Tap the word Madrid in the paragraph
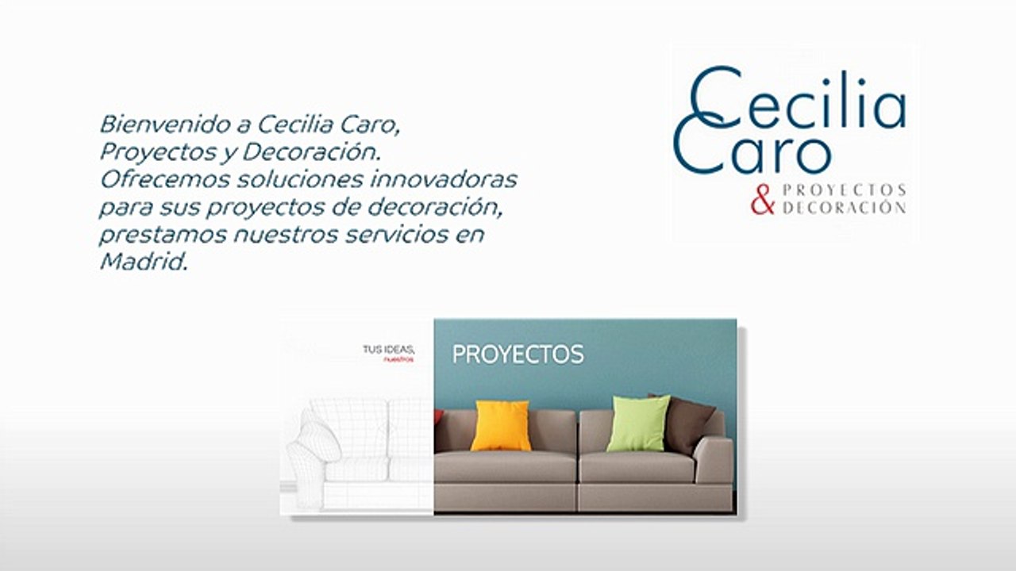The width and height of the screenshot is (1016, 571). [x=142, y=263]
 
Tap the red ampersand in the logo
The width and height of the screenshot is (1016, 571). [x=762, y=199]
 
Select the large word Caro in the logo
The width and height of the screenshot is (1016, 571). [x=754, y=151]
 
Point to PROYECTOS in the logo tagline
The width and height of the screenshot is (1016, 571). [x=844, y=190]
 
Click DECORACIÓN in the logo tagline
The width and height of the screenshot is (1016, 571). [x=844, y=209]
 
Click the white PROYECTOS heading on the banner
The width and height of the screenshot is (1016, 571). [x=518, y=354]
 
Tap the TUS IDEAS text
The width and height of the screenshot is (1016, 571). [x=388, y=349]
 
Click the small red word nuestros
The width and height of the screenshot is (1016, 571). [x=398, y=359]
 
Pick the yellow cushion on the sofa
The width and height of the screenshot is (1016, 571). [x=500, y=425]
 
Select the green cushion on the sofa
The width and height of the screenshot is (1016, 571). [x=638, y=423]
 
